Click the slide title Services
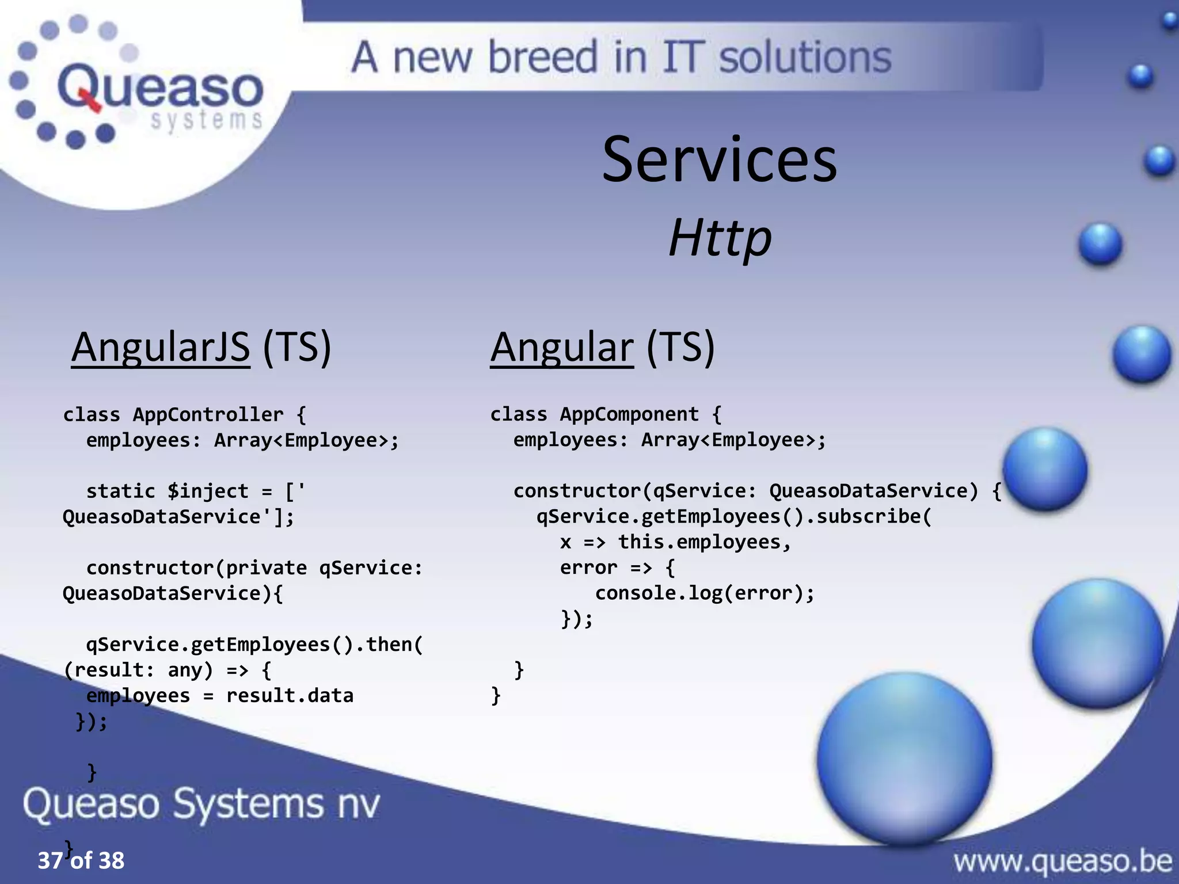(719, 160)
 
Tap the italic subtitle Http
(719, 238)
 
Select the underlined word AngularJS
(161, 347)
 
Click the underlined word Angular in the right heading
(561, 347)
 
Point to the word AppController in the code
(208, 414)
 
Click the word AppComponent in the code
(629, 414)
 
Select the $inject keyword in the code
(207, 491)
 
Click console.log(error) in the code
(705, 593)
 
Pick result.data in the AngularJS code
(290, 695)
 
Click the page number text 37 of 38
(81, 860)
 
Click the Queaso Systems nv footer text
(201, 803)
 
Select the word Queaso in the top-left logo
(160, 87)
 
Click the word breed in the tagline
(542, 58)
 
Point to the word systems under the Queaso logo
(206, 120)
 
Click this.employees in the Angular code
(699, 542)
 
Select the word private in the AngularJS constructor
(266, 568)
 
